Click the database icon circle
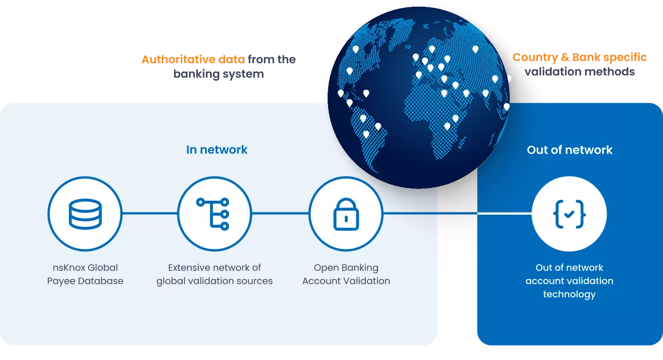click(85, 214)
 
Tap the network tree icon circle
click(214, 214)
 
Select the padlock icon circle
click(346, 214)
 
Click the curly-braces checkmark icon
click(569, 214)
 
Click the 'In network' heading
click(217, 150)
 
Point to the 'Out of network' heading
click(569, 150)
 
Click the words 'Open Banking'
click(346, 267)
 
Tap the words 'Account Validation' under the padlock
click(346, 281)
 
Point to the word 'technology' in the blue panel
click(569, 294)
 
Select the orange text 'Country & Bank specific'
click(579, 57)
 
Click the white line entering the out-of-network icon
click(504, 213)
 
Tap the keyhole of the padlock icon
click(346, 219)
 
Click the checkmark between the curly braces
click(569, 214)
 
